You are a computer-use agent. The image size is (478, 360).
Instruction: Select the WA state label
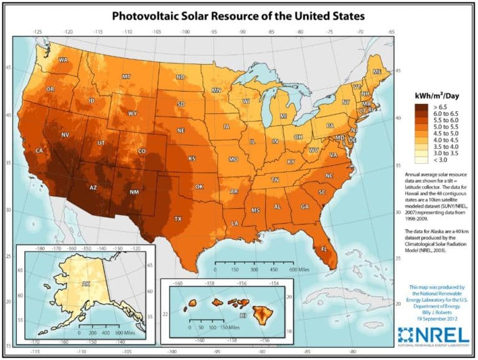[x=63, y=60]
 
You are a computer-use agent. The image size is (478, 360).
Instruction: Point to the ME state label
[x=377, y=72]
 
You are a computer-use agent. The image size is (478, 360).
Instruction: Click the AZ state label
[x=93, y=187]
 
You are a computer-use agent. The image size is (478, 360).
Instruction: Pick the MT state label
[x=126, y=77]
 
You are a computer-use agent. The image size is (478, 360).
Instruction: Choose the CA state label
[x=39, y=151]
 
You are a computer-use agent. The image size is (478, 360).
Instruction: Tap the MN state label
[x=217, y=91]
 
